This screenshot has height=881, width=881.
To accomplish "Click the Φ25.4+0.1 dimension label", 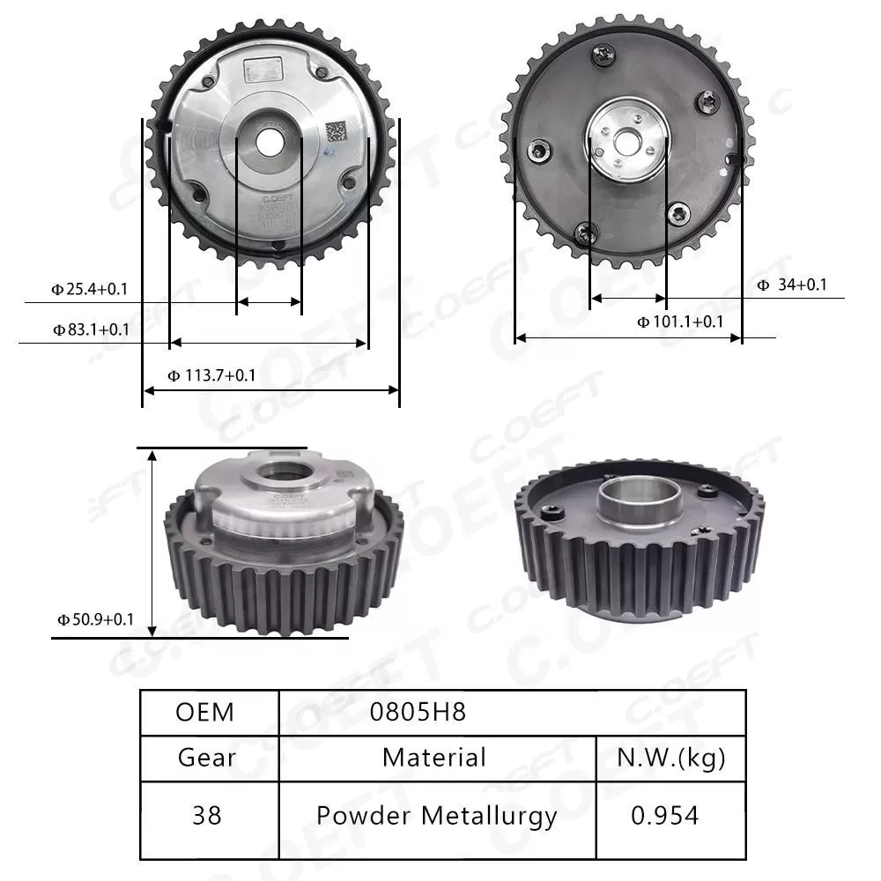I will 90,288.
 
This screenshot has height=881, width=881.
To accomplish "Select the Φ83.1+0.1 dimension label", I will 90,329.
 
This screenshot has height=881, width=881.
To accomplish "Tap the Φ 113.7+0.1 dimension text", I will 211,375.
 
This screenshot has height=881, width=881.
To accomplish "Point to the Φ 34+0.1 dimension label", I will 792,285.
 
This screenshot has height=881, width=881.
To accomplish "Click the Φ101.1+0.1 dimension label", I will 680,322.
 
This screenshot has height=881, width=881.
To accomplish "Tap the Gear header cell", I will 207,757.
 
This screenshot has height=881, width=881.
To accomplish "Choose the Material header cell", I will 434,757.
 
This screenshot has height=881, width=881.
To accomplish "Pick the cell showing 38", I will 206,816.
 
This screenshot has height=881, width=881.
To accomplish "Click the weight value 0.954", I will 665,816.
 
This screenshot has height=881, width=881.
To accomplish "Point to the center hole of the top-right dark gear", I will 626,139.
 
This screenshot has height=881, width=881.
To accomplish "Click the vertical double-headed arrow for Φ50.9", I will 153,541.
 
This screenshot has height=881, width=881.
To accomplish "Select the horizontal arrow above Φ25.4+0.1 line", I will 269,301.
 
